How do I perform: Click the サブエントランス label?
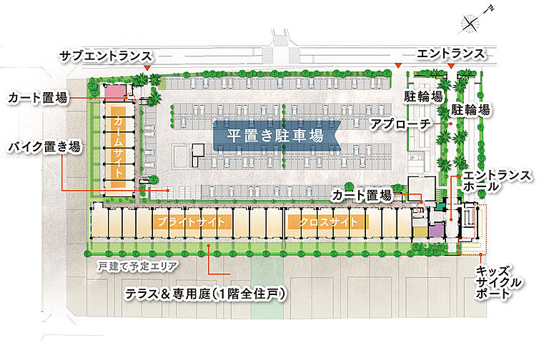tap(106, 56)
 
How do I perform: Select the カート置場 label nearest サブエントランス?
tap(38, 98)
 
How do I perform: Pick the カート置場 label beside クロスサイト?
tap(362, 194)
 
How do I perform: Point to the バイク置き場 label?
tap(44, 148)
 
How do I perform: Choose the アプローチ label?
tap(400, 124)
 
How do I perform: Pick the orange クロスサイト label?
tap(322, 222)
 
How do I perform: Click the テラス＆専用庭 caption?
tap(205, 294)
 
